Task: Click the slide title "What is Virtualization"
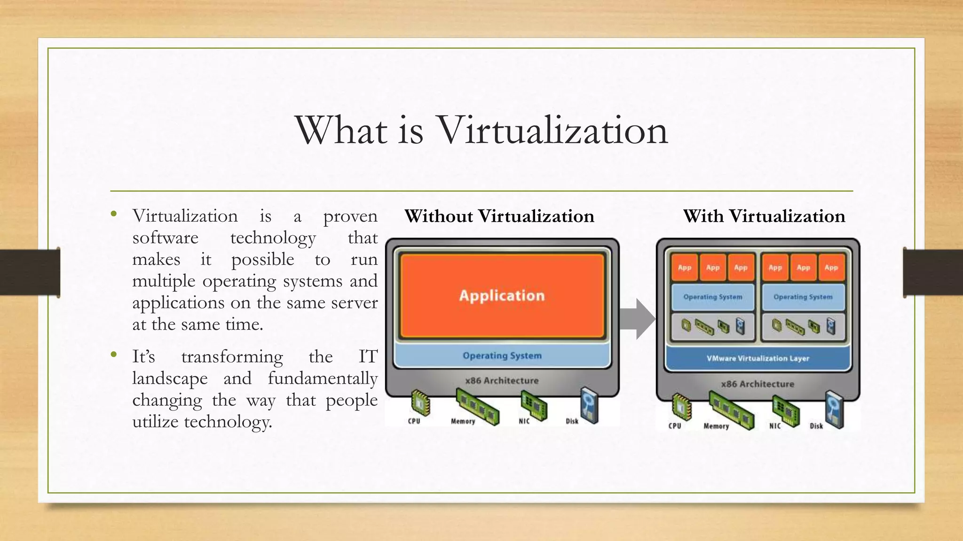[x=481, y=130]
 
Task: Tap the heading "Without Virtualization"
[x=499, y=216]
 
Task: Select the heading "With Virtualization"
[x=764, y=216]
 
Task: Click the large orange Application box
[x=502, y=295]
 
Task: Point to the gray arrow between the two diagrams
[x=637, y=319]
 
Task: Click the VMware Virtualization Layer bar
[x=758, y=358]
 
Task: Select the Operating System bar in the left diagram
[x=502, y=356]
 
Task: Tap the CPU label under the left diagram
[x=414, y=421]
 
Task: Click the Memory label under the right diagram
[x=716, y=426]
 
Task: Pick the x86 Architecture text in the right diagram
[x=757, y=384]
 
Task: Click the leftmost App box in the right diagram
[x=684, y=268]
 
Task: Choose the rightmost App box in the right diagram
[x=831, y=268]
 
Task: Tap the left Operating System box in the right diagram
[x=712, y=297]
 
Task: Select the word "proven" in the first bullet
[x=350, y=216]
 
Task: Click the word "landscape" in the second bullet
[x=170, y=378]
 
